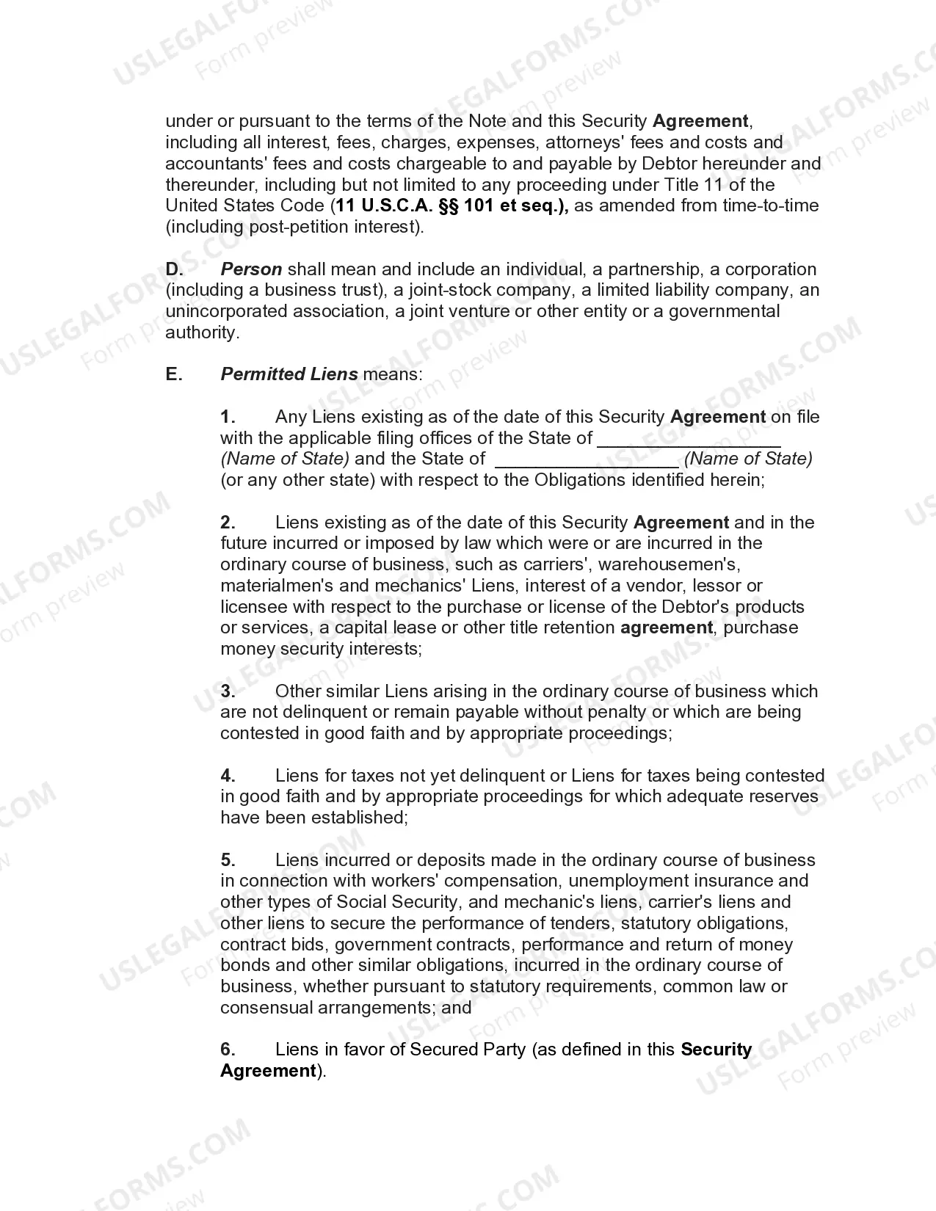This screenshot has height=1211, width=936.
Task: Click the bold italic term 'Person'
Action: (251, 269)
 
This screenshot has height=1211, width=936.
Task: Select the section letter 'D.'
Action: (174, 269)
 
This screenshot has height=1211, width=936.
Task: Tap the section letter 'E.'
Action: (173, 374)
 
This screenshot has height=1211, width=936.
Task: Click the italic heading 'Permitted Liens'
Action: (289, 374)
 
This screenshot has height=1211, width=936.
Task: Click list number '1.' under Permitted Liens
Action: (228, 417)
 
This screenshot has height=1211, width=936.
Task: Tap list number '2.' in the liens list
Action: (228, 523)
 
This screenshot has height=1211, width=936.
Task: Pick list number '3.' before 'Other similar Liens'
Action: (228, 691)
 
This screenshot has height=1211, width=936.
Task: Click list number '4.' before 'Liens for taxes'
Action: (228, 776)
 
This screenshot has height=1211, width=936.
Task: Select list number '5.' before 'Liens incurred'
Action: (228, 860)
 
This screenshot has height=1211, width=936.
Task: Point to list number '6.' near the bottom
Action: (228, 1050)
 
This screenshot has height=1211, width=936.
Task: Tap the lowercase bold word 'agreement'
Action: (666, 628)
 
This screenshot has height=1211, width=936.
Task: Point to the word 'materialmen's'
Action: (277, 586)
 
